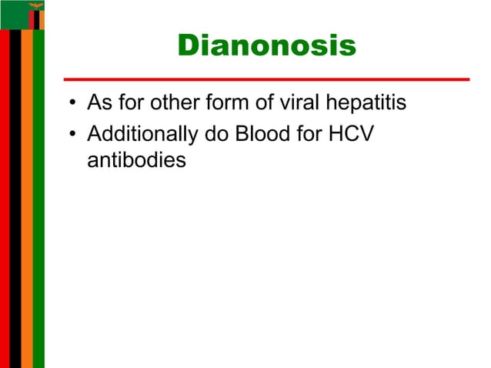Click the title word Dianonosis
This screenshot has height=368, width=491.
click(x=266, y=47)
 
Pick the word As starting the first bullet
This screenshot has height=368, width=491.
click(x=99, y=102)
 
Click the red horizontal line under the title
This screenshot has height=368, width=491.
click(x=266, y=79)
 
